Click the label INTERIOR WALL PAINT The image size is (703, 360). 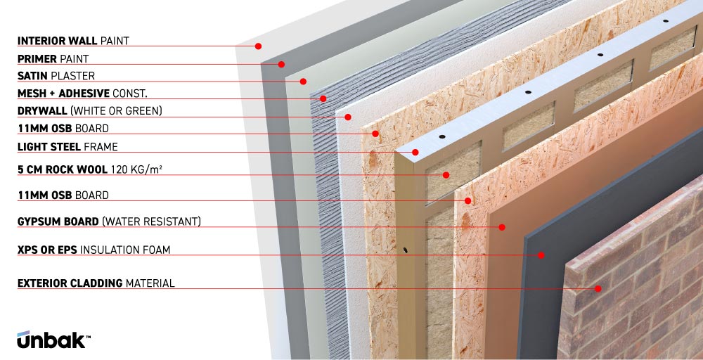pos(73,41)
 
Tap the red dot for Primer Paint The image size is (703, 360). pos(281,64)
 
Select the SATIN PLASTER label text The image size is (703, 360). pos(56,76)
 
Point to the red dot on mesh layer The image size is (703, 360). pos(323,98)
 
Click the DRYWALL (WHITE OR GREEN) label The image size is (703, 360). pos(90,110)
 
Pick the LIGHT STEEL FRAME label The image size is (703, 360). pos(67,146)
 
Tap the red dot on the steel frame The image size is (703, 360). pos(415,152)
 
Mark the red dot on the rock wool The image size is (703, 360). pos(446,175)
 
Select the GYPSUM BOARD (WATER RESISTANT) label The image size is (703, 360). pos(109,221)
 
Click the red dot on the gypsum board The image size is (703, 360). pos(502,227)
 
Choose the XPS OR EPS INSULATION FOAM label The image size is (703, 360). pos(93,250)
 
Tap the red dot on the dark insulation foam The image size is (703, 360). pos(541,255)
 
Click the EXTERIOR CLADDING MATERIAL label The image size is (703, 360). pos(96,283)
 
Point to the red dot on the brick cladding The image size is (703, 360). pos(598,288)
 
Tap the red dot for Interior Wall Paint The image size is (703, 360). pos(258,46)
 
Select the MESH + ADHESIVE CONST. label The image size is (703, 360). pos(82,94)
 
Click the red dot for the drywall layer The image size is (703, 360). pos(347,117)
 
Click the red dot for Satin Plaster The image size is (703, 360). pos(303,81)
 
